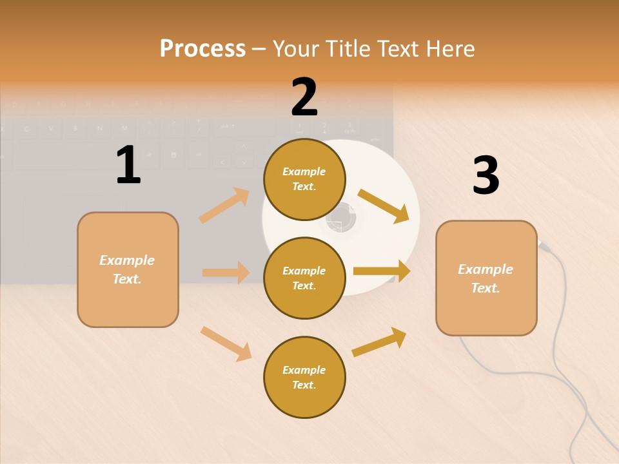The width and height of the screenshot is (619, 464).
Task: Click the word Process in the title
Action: [202, 49]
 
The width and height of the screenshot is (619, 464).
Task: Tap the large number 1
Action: [128, 166]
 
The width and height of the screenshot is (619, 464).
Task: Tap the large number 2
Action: [304, 97]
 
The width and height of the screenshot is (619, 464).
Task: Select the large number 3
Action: [486, 176]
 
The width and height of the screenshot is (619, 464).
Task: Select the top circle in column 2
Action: [304, 179]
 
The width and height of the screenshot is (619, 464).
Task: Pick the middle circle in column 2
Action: [304, 278]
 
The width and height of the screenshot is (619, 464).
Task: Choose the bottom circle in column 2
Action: [304, 377]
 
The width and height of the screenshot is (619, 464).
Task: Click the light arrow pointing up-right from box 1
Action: [224, 206]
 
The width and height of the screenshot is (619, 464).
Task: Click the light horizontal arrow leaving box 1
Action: [226, 273]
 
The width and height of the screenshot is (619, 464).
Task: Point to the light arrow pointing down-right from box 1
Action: [226, 343]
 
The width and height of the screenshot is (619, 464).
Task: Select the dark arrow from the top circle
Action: [384, 206]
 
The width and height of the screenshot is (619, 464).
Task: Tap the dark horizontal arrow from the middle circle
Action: [382, 271]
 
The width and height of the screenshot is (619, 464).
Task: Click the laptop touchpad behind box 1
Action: [52, 232]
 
